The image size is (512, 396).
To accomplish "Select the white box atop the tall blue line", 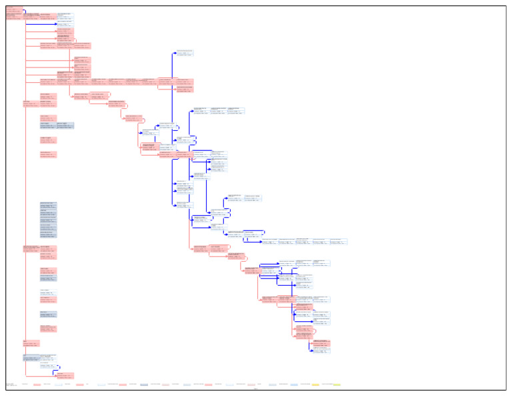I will click(x=185, y=52).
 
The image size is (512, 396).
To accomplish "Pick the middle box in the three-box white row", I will click(x=219, y=110).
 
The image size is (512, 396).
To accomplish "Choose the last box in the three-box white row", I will click(x=237, y=110).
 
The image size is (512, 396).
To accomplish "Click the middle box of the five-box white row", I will click(x=304, y=241).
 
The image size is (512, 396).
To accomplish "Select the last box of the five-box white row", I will click(x=339, y=241).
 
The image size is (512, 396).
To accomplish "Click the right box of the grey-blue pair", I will click(x=65, y=125).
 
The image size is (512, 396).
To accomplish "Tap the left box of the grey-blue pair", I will click(x=48, y=125).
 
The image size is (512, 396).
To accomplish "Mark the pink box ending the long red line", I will click(x=65, y=375).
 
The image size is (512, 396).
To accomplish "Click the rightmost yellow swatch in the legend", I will click(x=337, y=385).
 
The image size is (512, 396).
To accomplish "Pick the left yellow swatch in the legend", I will click(x=315, y=385).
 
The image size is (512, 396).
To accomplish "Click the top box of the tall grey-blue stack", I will click(x=48, y=204).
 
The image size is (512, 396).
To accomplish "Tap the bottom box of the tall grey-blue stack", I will click(x=48, y=235).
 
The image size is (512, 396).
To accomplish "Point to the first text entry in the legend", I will click(x=9, y=385).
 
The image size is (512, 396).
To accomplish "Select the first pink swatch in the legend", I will click(x=37, y=385).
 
